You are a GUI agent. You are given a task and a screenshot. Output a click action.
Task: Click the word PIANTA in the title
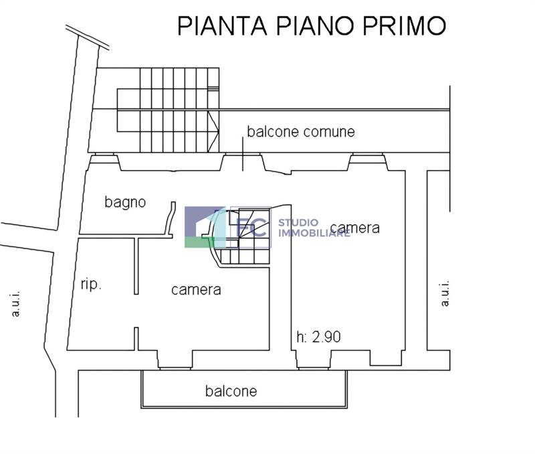[x=222, y=25]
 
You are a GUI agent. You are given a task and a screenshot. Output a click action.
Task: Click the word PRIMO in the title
[x=405, y=25]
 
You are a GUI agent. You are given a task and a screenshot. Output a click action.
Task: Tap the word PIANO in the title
[x=316, y=25]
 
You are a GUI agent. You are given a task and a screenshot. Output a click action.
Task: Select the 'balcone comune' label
[x=301, y=131]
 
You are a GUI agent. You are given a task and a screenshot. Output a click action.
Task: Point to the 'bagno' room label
[x=125, y=202]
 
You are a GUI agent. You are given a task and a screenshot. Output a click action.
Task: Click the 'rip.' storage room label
[x=91, y=284]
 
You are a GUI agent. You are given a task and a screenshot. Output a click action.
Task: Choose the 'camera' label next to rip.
[x=196, y=290]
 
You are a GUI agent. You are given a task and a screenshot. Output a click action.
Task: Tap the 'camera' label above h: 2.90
[x=355, y=228]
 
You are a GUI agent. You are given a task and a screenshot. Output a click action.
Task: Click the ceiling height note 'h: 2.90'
[x=319, y=337]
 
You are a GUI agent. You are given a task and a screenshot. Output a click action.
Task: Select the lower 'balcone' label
[x=231, y=391]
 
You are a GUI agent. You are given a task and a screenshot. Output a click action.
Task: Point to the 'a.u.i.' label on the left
[x=15, y=304]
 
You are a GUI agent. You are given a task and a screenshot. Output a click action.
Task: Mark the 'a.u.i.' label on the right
[x=445, y=294]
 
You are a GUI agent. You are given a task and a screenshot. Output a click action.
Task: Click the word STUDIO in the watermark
[x=298, y=223]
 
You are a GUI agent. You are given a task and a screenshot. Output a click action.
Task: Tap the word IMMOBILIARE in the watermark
[x=314, y=233]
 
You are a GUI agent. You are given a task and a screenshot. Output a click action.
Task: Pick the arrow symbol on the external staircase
[x=213, y=131]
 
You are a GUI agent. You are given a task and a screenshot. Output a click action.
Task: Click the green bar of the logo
[x=199, y=242]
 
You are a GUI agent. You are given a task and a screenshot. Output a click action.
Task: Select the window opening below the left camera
[x=175, y=368]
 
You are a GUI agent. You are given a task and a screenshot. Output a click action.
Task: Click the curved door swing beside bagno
[x=171, y=219]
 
